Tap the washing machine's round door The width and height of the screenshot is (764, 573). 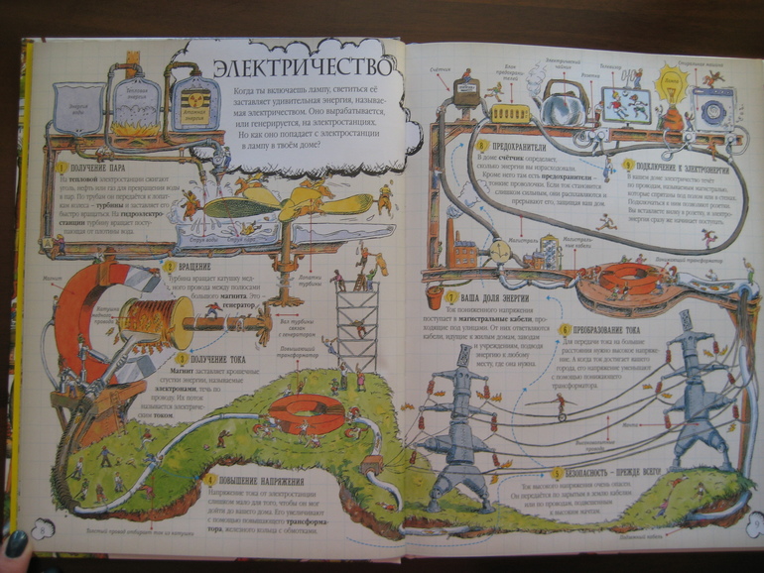click(x=711, y=110)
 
